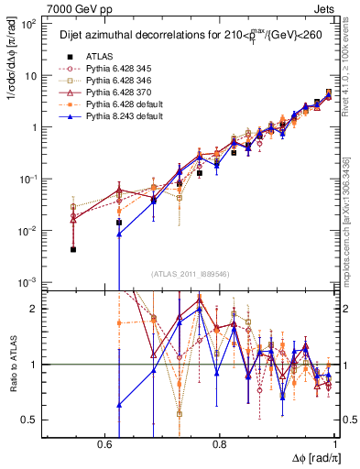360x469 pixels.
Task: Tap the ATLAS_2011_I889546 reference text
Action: pos(190,275)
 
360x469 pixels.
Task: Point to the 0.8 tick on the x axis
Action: pos(219,443)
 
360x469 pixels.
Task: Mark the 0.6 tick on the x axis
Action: pos(106,443)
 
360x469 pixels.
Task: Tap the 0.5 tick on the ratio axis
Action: pos(29,420)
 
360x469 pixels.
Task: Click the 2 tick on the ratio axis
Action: pos(35,309)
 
